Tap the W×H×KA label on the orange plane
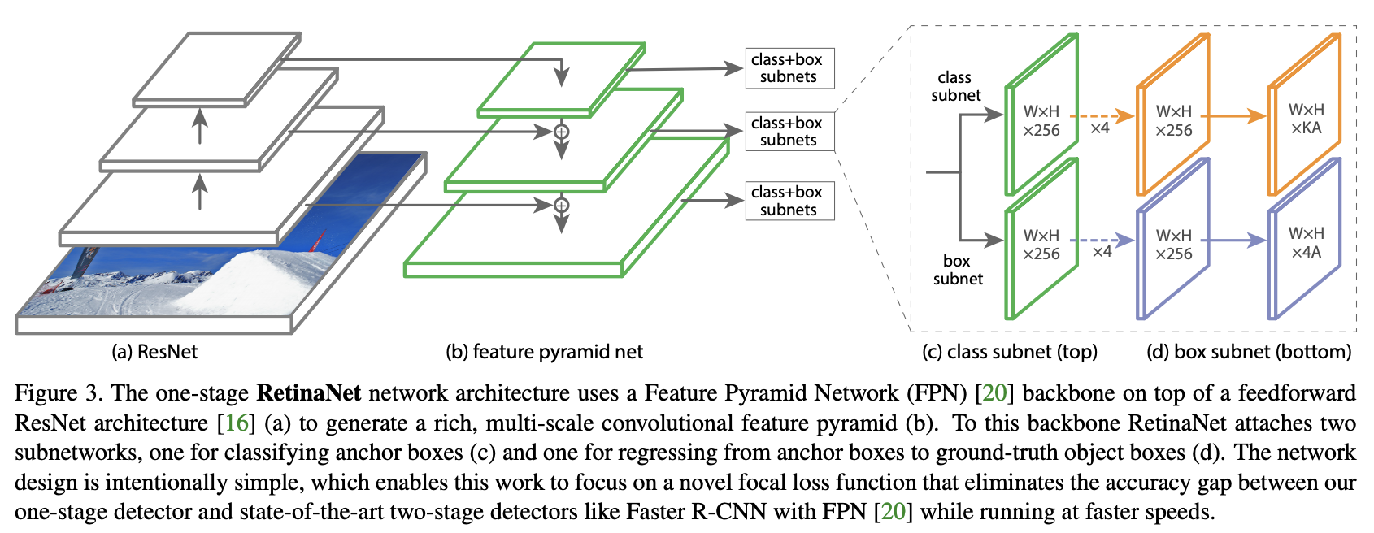(1306, 119)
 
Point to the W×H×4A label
(1306, 243)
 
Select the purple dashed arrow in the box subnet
(1102, 240)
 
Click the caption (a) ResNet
(154, 352)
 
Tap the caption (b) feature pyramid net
(544, 352)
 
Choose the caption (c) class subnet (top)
(1009, 352)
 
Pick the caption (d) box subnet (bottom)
(1249, 352)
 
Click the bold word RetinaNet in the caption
(308, 393)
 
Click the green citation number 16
(237, 423)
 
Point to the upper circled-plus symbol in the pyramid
(561, 132)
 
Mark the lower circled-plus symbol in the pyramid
(561, 206)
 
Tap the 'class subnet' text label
(955, 86)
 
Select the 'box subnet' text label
(958, 270)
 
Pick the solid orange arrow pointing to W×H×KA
(1233, 116)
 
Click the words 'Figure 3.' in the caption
(58, 393)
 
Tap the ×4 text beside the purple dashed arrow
(1102, 252)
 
